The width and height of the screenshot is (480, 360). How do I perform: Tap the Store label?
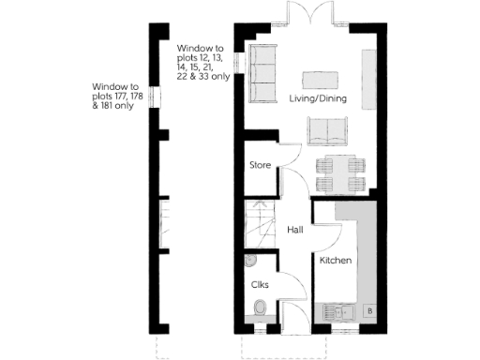tap(260, 166)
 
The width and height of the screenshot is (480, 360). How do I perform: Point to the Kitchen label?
tap(336, 260)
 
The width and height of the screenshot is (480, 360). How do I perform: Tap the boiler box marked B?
tap(369, 310)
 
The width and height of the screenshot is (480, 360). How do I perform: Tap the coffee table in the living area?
tap(320, 78)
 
